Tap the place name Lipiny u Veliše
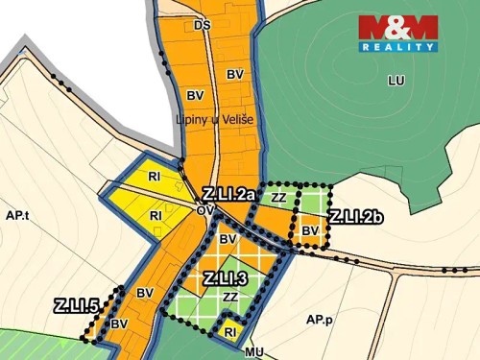pyautogui.click(x=212, y=119)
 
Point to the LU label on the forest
pyautogui.click(x=396, y=81)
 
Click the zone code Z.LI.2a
pyautogui.click(x=228, y=194)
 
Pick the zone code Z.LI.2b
pyautogui.click(x=355, y=217)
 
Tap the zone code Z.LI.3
pyautogui.click(x=226, y=278)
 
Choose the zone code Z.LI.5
pyautogui.click(x=77, y=307)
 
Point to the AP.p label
pyautogui.click(x=320, y=319)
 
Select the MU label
pyautogui.click(x=253, y=352)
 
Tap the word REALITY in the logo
pyautogui.click(x=398, y=46)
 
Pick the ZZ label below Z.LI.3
pyautogui.click(x=230, y=299)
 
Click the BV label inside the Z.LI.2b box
pyautogui.click(x=309, y=230)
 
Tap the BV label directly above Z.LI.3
pyautogui.click(x=228, y=239)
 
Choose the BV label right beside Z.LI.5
pyautogui.click(x=119, y=324)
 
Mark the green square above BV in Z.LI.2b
pyautogui.click(x=310, y=201)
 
